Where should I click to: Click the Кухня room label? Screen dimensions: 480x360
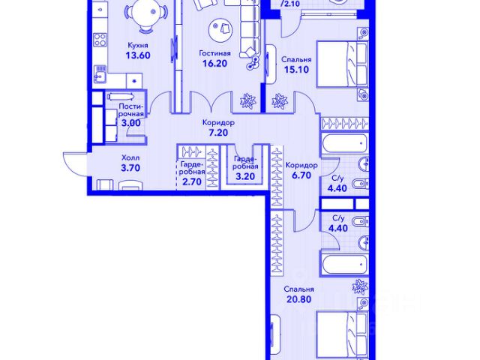pyautogui.click(x=138, y=45)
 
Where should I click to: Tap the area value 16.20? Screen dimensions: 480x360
pyautogui.click(x=214, y=63)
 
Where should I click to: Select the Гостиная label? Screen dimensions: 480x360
pyautogui.click(x=214, y=53)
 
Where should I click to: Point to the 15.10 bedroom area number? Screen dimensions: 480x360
pyautogui.click(x=296, y=70)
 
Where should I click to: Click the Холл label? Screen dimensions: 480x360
pyautogui.click(x=130, y=158)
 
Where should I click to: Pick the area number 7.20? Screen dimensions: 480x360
pyautogui.click(x=218, y=133)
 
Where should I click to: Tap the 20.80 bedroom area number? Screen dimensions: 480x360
pyautogui.click(x=298, y=299)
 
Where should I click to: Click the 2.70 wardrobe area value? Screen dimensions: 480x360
pyautogui.click(x=192, y=181)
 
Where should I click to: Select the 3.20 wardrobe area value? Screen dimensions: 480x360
pyautogui.click(x=245, y=177)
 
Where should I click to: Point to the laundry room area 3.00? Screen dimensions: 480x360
pyautogui.click(x=131, y=123)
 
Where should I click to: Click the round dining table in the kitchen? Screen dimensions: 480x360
pyautogui.click(x=146, y=13)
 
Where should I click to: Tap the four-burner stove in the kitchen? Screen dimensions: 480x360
pyautogui.click(x=100, y=40)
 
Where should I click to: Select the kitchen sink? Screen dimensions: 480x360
pyautogui.click(x=100, y=73)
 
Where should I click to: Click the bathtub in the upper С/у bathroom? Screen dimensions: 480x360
pyautogui.click(x=343, y=143)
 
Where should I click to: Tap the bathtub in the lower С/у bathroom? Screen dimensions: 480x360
pyautogui.click(x=343, y=264)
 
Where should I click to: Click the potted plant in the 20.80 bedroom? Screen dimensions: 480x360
pyautogui.click(x=360, y=286)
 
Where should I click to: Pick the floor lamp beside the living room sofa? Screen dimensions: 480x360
pyautogui.click(x=253, y=62)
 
